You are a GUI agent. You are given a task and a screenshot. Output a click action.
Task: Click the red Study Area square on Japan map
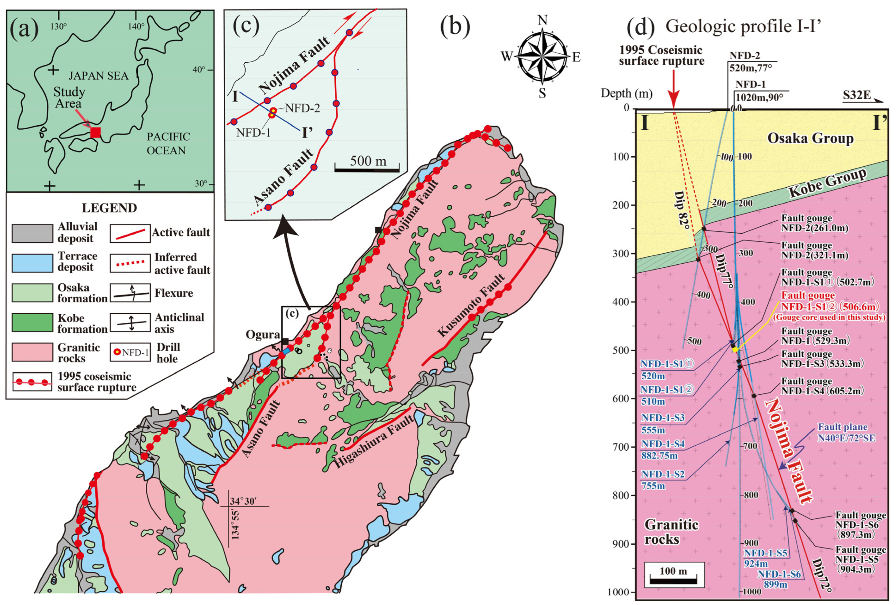click(95, 132)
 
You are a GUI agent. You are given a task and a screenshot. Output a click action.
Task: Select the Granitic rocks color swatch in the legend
click(32, 352)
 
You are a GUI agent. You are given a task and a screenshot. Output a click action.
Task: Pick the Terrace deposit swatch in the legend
click(32, 263)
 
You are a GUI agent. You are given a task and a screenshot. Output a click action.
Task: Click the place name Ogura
click(263, 334)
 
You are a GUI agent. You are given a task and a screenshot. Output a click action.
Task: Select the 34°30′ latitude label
click(243, 501)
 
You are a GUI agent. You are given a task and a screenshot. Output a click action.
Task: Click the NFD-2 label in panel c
click(302, 108)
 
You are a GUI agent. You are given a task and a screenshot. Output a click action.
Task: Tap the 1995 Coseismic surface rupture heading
click(661, 55)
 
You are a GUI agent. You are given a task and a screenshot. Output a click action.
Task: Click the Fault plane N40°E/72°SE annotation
click(846, 432)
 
